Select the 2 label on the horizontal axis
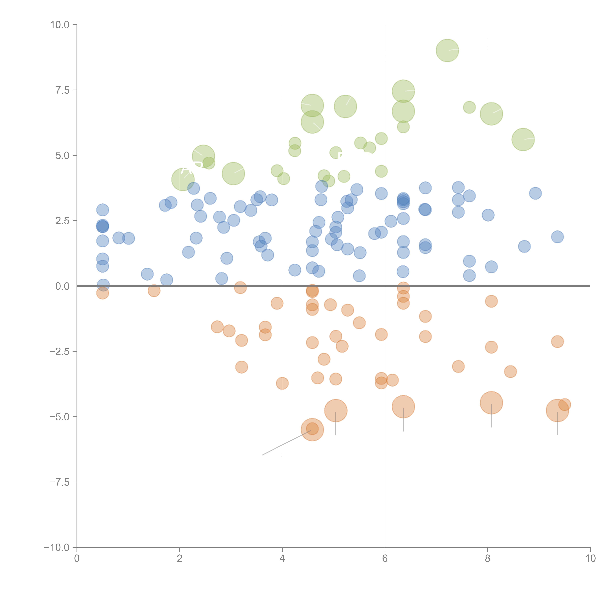coord(180,559)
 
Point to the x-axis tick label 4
coord(282,559)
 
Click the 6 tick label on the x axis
coord(385,559)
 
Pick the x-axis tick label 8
coord(488,559)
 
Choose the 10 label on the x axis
coord(590,559)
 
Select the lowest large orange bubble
coord(312,430)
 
